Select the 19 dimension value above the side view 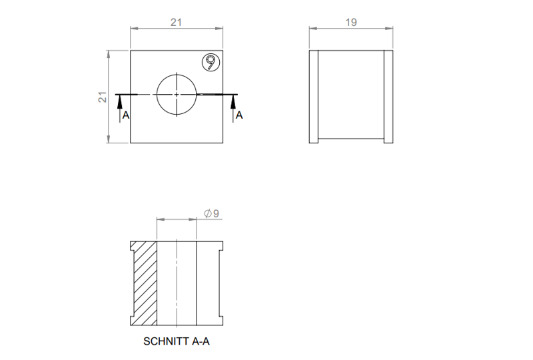coord(352,22)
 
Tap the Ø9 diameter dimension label coord(212,213)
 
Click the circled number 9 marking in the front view coord(211,63)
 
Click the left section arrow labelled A coord(119,103)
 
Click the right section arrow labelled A coord(233,103)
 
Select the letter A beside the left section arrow coord(127,115)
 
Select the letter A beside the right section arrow coord(240,115)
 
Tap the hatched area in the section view coord(145,283)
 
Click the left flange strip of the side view coord(314,97)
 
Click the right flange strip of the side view coord(388,97)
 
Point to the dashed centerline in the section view coord(176,283)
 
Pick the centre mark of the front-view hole coord(176,95)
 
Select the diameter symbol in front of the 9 coord(207,213)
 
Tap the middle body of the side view coord(351,97)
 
